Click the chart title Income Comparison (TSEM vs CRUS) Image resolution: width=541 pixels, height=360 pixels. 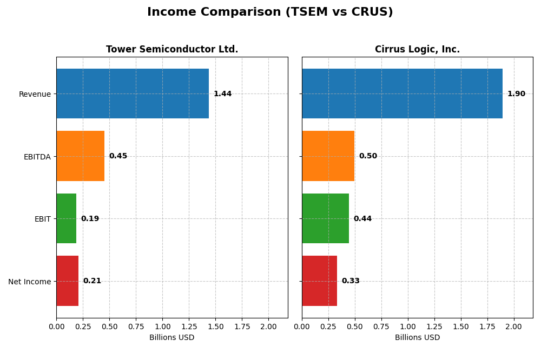(x=270, y=12)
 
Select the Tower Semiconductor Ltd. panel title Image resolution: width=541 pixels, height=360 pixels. (x=172, y=49)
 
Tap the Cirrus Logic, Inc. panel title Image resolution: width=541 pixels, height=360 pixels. (x=417, y=49)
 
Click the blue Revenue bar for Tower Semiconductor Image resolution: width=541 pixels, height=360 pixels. (x=133, y=94)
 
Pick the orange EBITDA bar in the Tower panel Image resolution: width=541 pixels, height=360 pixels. (x=80, y=156)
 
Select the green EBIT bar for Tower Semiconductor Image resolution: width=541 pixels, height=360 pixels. (x=66, y=218)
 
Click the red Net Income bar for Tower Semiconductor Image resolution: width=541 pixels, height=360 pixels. (x=67, y=281)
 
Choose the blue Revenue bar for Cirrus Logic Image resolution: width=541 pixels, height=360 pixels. (x=402, y=94)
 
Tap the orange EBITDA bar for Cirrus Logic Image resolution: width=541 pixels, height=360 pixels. (x=328, y=156)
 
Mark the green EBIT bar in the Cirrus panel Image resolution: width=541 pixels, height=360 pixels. (x=325, y=218)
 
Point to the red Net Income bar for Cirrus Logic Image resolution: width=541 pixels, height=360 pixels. (x=319, y=281)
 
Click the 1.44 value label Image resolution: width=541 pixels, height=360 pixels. (x=222, y=94)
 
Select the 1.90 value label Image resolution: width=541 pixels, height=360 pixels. (x=516, y=94)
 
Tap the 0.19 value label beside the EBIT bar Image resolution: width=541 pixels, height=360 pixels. (x=90, y=219)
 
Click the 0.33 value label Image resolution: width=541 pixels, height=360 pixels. (x=351, y=281)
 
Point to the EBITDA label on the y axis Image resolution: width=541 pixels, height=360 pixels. (x=37, y=157)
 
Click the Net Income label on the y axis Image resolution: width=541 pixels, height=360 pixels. (x=30, y=282)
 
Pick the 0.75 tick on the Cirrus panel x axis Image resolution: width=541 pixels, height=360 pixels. (x=381, y=326)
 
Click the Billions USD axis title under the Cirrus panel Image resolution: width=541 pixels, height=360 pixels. (x=417, y=338)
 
